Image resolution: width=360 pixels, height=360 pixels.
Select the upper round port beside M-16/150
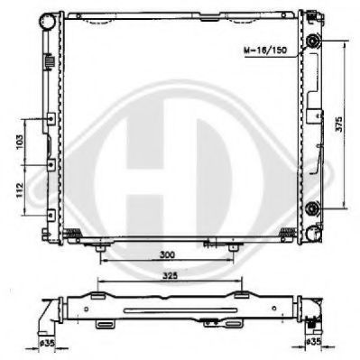311,43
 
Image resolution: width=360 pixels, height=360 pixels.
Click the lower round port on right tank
311,209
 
